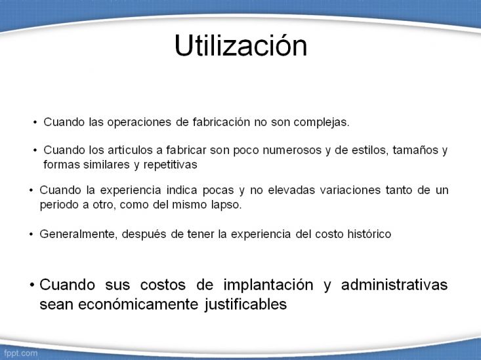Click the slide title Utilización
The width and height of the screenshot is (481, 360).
241,46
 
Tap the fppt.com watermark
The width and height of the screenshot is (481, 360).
20,353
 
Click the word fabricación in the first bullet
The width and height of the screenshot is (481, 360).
221,122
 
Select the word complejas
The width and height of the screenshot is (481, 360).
322,123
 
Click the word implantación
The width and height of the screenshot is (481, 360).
268,285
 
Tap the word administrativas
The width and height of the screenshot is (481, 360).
394,285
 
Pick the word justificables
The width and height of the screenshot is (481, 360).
246,305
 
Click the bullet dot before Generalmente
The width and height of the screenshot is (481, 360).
31,234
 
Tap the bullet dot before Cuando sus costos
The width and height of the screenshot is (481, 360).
32,285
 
